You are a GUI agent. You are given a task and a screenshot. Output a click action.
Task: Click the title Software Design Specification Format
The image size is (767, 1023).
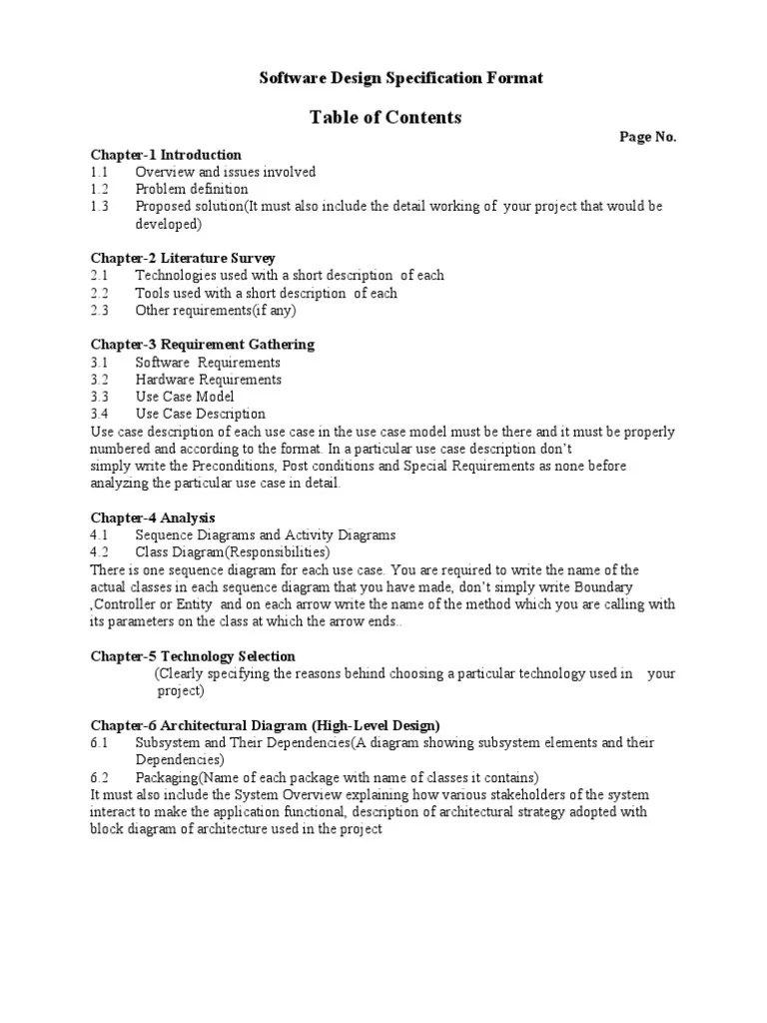[401, 78]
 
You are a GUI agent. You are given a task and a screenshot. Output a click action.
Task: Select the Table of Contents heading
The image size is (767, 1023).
[385, 118]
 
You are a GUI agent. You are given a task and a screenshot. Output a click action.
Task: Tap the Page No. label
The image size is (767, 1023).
[648, 138]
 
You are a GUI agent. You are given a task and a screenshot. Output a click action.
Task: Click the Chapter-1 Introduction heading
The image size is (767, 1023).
[166, 155]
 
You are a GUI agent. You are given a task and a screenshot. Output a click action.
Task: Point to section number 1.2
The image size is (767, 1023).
[99, 189]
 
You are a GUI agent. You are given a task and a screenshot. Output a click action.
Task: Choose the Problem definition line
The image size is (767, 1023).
[192, 189]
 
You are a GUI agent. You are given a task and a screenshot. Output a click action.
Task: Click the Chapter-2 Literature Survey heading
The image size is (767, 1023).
[183, 258]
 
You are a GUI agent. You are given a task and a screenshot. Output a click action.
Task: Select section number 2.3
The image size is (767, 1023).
[99, 310]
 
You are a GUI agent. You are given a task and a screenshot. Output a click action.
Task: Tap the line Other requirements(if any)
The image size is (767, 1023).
[203, 310]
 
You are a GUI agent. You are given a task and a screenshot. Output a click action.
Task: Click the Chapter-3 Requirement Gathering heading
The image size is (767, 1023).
[203, 345]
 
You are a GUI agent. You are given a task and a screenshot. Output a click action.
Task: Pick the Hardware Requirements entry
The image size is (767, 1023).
[209, 380]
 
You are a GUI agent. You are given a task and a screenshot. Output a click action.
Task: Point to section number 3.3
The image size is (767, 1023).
[99, 397]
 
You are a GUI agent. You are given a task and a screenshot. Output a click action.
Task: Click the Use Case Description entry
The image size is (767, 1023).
[201, 414]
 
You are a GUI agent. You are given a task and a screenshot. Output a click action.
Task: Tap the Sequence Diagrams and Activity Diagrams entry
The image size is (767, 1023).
[266, 535]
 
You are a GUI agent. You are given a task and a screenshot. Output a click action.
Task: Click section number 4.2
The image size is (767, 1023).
[99, 552]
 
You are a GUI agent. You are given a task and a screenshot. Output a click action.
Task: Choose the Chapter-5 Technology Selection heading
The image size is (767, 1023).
[193, 656]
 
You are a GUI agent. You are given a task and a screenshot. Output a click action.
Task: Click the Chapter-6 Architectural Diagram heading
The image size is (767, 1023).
[266, 725]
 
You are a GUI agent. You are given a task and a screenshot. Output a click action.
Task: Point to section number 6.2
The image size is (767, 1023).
[99, 777]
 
